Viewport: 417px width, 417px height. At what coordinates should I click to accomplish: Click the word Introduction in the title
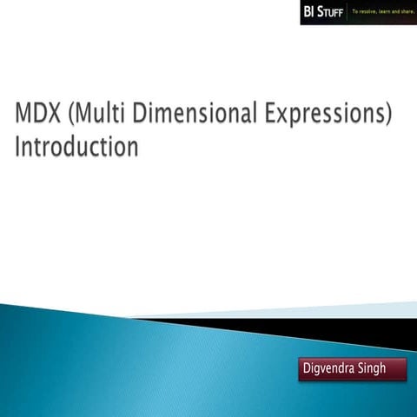76,147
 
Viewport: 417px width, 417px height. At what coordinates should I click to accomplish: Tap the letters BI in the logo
310,12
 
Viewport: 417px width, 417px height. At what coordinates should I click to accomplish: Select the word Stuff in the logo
331,13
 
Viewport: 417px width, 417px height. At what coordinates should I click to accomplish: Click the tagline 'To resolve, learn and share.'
381,12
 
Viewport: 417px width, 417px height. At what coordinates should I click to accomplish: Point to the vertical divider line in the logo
347,12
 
